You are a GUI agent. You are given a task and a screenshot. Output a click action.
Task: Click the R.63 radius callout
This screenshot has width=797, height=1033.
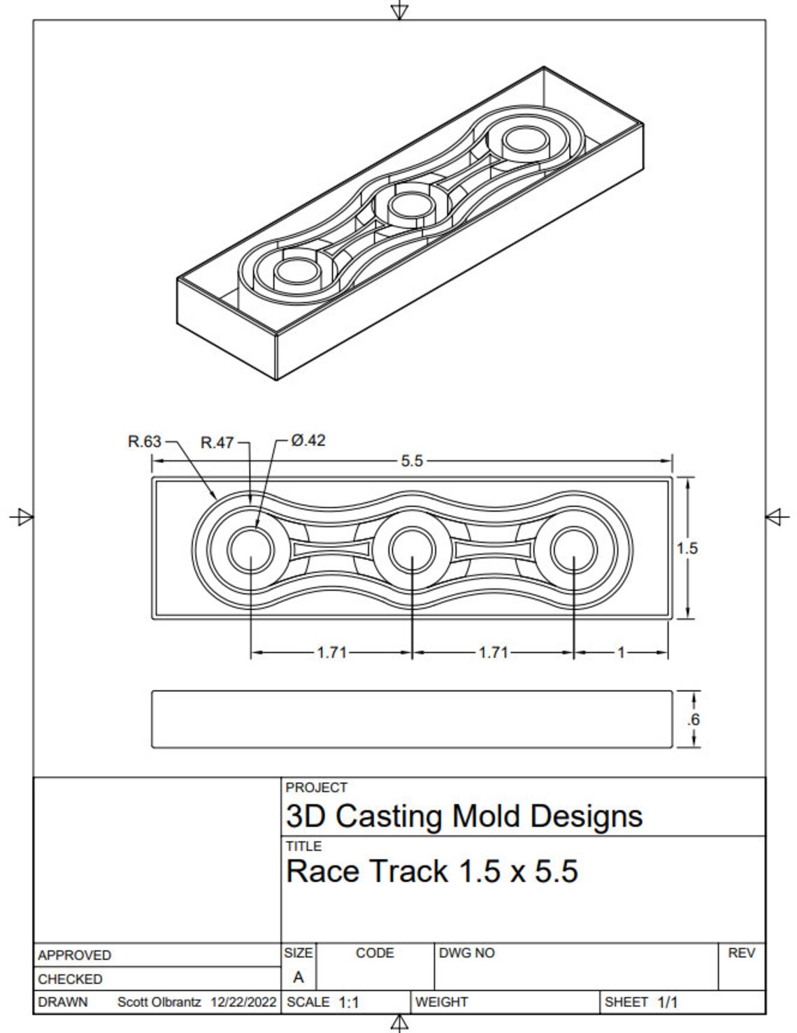[145, 442]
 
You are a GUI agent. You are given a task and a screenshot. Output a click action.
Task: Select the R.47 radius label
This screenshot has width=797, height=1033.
[217, 443]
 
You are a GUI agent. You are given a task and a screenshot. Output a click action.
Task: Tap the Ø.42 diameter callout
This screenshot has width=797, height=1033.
[308, 441]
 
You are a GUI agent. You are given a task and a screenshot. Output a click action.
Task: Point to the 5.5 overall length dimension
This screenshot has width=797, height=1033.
[412, 461]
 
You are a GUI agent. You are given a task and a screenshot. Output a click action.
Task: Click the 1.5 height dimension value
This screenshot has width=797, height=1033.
[687, 549]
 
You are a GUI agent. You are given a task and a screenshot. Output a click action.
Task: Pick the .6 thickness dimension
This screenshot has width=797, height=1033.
[693, 720]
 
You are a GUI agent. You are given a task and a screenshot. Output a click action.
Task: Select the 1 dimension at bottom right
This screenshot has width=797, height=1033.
[621, 653]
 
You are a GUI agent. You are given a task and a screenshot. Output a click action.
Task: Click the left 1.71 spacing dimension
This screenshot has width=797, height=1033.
[331, 653]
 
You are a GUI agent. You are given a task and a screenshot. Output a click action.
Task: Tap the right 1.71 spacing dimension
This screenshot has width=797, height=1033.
[493, 653]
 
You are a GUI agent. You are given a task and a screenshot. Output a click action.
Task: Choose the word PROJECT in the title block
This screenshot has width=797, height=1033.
[316, 788]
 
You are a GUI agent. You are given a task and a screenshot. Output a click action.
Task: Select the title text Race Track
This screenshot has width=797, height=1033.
[367, 872]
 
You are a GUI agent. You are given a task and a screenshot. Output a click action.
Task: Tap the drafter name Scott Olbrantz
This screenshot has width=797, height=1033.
[160, 1002]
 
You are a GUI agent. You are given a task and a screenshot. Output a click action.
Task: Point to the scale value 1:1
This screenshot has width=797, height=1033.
[349, 1003]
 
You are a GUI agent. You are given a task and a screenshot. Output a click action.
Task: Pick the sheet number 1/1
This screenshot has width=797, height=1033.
[667, 1002]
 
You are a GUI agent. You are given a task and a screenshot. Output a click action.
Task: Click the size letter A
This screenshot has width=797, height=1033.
[299, 978]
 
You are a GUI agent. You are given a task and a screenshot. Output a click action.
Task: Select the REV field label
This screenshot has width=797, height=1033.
[741, 953]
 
